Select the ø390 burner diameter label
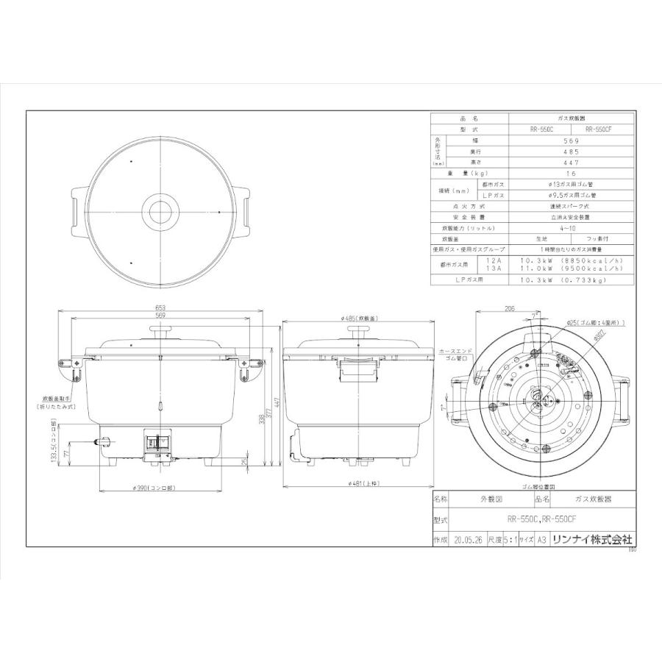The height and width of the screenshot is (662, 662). pos(160,488)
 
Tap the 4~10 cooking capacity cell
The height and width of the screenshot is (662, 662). pos(571,229)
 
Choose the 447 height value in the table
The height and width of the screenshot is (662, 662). pos(571,162)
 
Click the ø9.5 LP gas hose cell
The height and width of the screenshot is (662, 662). pos(571,196)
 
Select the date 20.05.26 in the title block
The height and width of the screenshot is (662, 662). pos(470,539)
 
